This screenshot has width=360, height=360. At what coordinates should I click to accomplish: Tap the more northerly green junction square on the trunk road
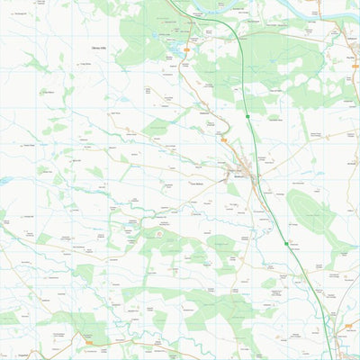coord(247,116)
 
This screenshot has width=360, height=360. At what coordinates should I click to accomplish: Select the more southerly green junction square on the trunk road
coord(286,243)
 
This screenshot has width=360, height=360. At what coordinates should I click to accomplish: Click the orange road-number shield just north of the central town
coord(222,140)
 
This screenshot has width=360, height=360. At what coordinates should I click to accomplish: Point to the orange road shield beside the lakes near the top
coord(186,48)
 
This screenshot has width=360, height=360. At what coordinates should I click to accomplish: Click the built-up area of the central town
coord(243,171)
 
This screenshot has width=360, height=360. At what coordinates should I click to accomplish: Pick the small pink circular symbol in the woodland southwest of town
coord(160,234)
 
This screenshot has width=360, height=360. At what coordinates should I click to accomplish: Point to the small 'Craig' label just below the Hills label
coord(85,65)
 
